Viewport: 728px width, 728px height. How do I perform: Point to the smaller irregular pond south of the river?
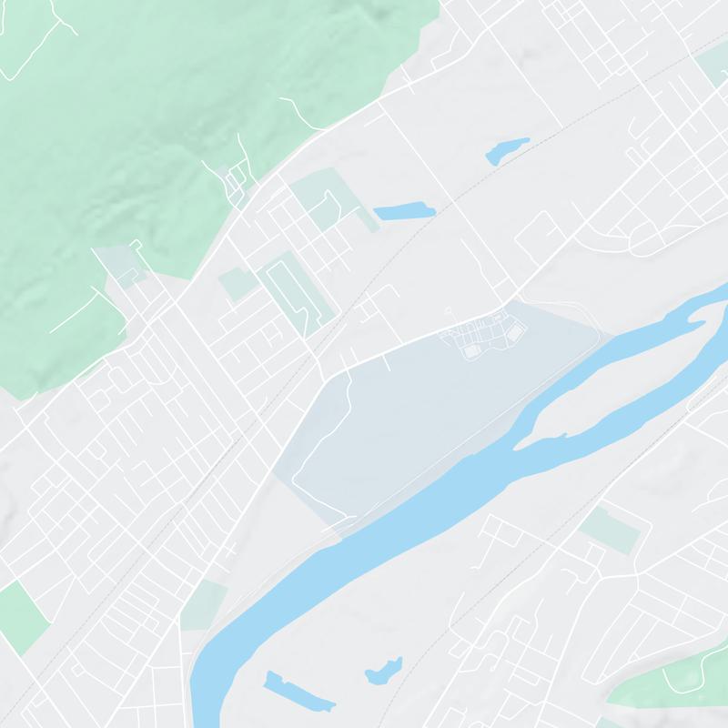click(x=382, y=672)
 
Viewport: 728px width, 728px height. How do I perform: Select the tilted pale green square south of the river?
click(x=609, y=530)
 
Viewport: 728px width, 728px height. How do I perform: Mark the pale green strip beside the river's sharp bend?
click(x=202, y=605)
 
